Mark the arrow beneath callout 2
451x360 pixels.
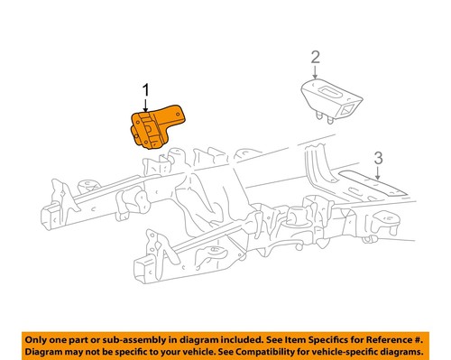pyautogui.click(x=315, y=72)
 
